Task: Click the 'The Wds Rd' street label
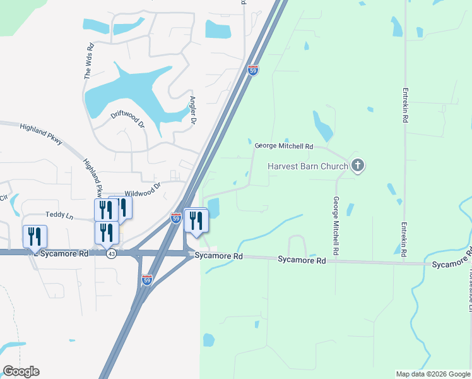click(x=89, y=60)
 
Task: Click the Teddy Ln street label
click(x=60, y=215)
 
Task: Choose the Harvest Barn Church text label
click(x=307, y=167)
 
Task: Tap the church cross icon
click(x=358, y=166)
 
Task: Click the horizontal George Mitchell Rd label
click(x=283, y=147)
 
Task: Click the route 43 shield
click(x=111, y=253)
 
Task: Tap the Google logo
click(x=21, y=371)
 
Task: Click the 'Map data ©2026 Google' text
click(x=433, y=374)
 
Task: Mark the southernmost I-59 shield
click(x=146, y=279)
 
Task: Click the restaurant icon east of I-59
click(x=196, y=220)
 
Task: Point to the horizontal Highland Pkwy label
click(x=41, y=134)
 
